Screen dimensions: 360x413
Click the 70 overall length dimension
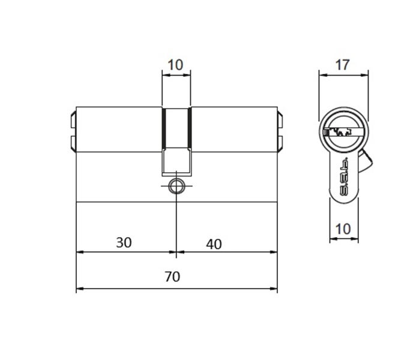point(172,277)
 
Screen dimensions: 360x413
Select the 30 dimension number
point(124,242)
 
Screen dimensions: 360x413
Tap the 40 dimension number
point(214,244)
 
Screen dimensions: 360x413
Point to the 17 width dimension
point(342,65)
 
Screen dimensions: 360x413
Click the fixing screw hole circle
point(176,186)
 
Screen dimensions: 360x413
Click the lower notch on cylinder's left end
point(73,143)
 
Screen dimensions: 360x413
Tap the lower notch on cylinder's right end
point(280,143)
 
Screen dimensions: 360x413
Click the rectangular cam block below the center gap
point(176,161)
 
